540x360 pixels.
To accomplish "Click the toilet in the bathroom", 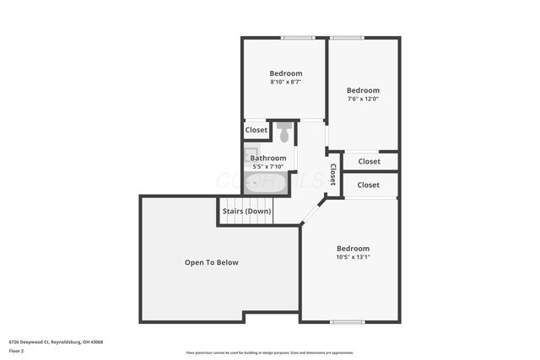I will (x=284, y=132).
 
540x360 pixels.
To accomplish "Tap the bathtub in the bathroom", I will (x=267, y=182).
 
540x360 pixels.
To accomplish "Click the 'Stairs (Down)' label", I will (x=246, y=211).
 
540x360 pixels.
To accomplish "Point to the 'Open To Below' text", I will (x=211, y=262).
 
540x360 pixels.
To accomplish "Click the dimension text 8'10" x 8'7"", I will (x=284, y=82).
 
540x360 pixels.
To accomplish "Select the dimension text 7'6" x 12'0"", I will (x=363, y=99).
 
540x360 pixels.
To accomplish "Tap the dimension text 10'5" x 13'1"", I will (x=353, y=257).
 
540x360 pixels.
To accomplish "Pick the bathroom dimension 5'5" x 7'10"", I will (x=269, y=166).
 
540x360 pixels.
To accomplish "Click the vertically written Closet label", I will (x=333, y=175).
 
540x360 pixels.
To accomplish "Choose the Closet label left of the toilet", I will (x=256, y=130).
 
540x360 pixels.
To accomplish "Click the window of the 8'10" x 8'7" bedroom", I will (x=298, y=37).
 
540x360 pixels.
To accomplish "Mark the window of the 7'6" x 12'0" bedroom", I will (x=347, y=37).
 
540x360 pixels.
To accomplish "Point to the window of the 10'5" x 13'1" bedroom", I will (x=347, y=321).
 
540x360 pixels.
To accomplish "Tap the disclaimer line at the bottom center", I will (x=269, y=352).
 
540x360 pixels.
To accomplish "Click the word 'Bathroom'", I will (x=268, y=158).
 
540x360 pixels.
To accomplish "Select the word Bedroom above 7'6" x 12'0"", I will (x=363, y=90).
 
